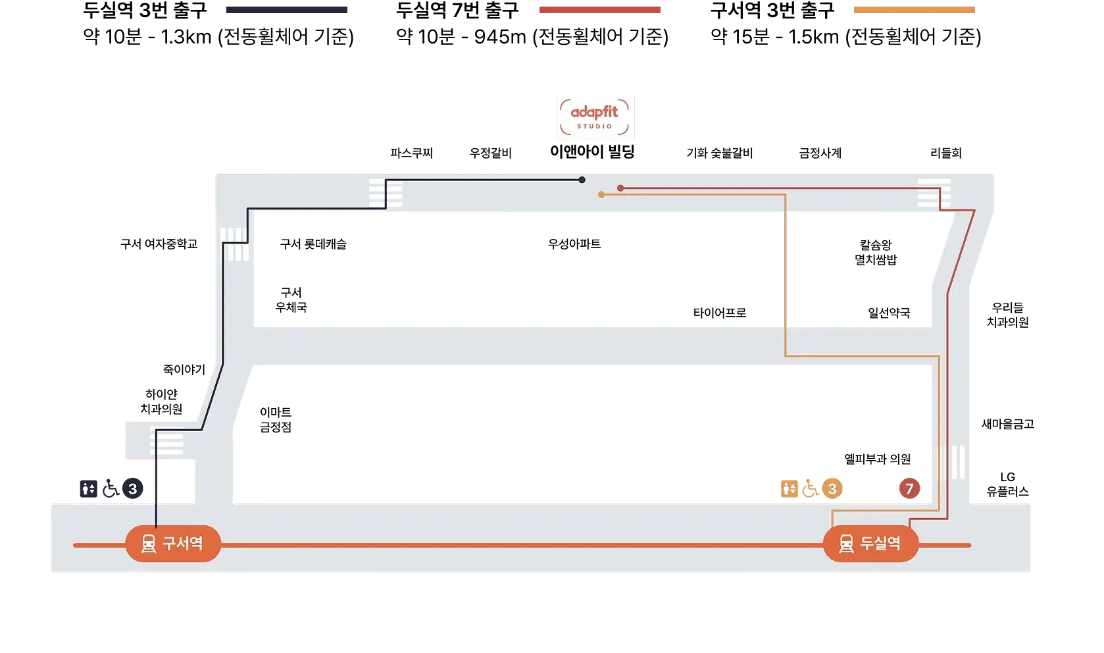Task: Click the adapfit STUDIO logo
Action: [x=595, y=117]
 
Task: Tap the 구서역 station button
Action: [x=173, y=544]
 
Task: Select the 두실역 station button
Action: [x=871, y=544]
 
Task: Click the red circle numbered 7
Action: [x=909, y=489]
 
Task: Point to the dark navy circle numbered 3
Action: [x=133, y=489]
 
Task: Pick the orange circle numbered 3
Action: [x=832, y=489]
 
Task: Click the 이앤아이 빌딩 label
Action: [x=592, y=151]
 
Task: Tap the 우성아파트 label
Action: [x=574, y=244]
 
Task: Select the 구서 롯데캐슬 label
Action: [x=313, y=244]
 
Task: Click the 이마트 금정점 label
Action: [x=276, y=419]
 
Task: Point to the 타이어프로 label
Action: [x=720, y=313]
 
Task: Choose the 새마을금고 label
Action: [x=1008, y=424]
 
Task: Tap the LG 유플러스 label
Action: [x=1008, y=484]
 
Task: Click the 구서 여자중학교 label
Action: [x=159, y=244]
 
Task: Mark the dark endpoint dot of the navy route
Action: [x=582, y=180]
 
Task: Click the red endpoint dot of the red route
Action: [x=620, y=188]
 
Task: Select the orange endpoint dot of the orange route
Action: [x=601, y=195]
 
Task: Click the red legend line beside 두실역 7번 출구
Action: [x=600, y=10]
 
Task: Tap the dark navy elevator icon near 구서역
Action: [x=89, y=489]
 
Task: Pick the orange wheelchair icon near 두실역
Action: [x=811, y=489]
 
